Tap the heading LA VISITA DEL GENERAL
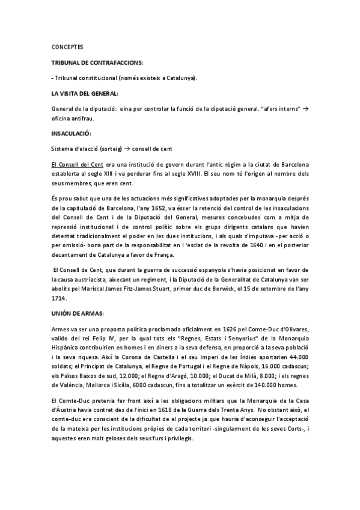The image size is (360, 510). [x=85, y=94]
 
